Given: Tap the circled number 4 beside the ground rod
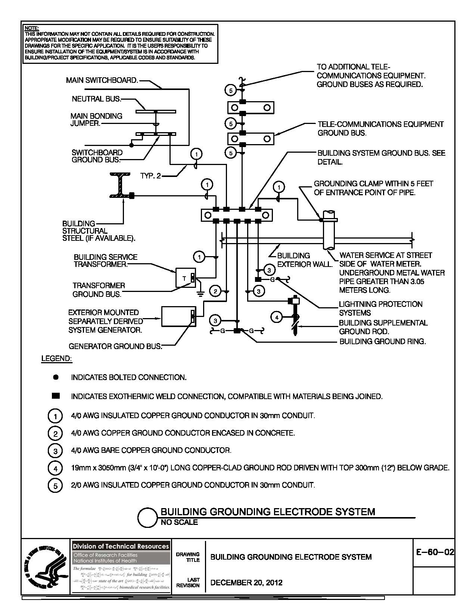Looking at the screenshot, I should (x=277, y=318).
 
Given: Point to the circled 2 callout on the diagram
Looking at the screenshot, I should (x=215, y=291).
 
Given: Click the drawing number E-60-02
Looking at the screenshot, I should (x=435, y=552).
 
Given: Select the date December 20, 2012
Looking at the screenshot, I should (x=246, y=582).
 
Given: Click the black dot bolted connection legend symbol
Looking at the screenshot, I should (x=56, y=377).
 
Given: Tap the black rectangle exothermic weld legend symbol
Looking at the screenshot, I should (x=56, y=396).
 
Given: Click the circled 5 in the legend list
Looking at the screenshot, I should (x=55, y=486).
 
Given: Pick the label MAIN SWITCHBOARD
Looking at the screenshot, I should (x=102, y=80).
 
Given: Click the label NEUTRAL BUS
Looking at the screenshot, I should (x=96, y=99).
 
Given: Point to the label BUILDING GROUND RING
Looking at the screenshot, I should (x=382, y=341).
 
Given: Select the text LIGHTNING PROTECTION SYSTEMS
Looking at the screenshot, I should (x=380, y=308).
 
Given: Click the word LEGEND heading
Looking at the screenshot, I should (x=56, y=359).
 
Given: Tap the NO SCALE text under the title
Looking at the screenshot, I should (x=179, y=522).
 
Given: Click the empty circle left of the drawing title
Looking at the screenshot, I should (x=147, y=517).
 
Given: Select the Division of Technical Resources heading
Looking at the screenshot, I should (x=121, y=546).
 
